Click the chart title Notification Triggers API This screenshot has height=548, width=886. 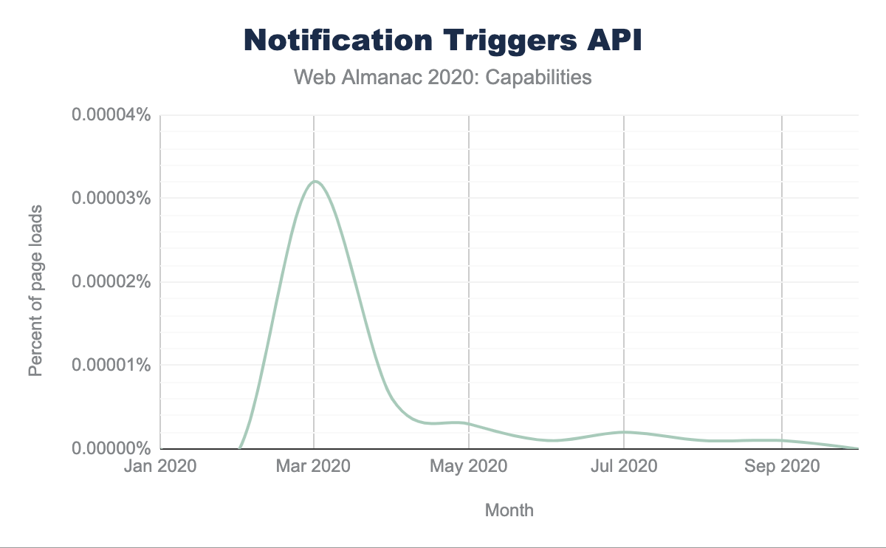point(443,41)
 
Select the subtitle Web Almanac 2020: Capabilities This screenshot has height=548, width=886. point(443,77)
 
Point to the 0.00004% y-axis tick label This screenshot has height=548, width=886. point(111,115)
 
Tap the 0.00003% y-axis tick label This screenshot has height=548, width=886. point(111,199)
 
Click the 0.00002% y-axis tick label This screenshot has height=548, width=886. point(111,282)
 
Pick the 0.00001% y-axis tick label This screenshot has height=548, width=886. point(111,366)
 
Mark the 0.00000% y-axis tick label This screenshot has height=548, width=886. point(111,448)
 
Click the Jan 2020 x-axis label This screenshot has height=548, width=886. point(159,467)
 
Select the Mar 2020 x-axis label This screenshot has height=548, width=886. point(314,467)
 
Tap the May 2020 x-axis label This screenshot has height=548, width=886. point(469,467)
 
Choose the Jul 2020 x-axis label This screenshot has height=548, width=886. point(624,467)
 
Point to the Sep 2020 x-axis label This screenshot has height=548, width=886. point(782,467)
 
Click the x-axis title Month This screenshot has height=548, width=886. point(509,510)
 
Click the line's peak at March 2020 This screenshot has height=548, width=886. point(315,182)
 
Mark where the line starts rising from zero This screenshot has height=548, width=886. point(241,447)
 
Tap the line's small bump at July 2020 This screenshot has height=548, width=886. point(625,432)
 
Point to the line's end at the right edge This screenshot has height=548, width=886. point(857,448)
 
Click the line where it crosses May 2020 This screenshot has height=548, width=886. point(469,424)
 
